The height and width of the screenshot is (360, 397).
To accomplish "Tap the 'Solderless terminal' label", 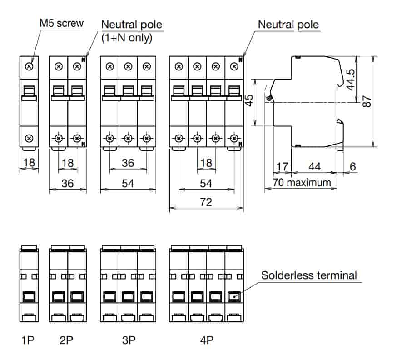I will (x=309, y=275).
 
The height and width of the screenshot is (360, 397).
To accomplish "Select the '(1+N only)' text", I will (x=126, y=38).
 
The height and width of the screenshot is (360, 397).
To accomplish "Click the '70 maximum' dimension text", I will (x=302, y=183).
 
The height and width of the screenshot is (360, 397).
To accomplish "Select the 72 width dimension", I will (x=206, y=202).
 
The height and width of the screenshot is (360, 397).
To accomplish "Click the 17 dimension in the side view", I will (x=282, y=167).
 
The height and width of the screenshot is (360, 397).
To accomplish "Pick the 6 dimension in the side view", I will (x=352, y=167).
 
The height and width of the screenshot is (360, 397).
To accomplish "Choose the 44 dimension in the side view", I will (x=314, y=167).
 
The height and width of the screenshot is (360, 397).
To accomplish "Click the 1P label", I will (x=28, y=340).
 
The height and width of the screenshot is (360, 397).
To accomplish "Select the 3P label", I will (x=128, y=340).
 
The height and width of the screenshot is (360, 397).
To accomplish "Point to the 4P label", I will (x=206, y=340).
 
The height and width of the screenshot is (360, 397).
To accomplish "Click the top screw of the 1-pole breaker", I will (x=29, y=66).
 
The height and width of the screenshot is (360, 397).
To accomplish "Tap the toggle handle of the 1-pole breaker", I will (x=29, y=90).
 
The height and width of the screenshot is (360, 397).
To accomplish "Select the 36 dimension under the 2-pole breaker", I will (x=67, y=184).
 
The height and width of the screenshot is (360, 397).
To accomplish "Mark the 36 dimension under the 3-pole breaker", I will (x=128, y=163).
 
